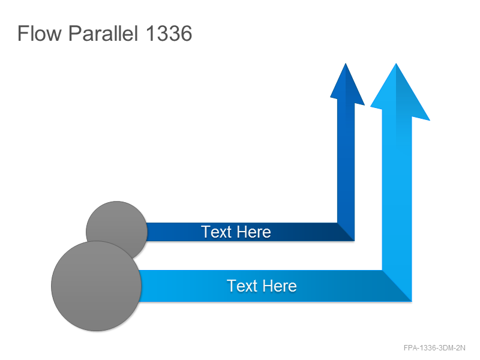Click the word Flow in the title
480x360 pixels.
40,33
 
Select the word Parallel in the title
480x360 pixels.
103,33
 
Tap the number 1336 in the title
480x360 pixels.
169,33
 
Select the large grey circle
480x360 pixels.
96,286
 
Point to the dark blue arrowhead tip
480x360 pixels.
346,64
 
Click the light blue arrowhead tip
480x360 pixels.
396,64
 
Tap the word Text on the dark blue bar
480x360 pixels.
216,232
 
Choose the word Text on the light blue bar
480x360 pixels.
242,286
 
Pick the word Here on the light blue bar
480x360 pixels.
279,286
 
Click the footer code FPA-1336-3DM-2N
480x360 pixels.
434,348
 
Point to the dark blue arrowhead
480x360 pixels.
347,87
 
